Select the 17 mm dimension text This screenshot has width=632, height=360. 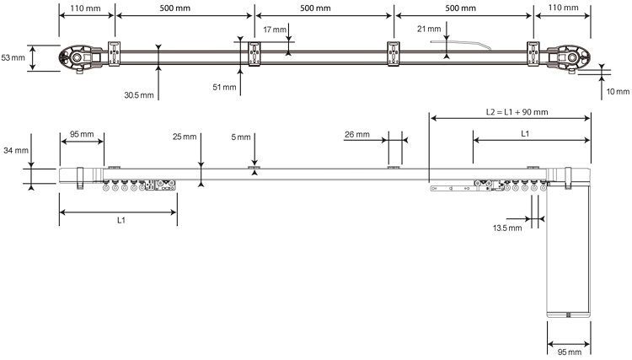tap(274, 30)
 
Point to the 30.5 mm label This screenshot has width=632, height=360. tap(139, 94)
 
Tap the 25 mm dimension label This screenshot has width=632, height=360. tap(184, 136)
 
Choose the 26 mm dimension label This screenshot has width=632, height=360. tap(357, 134)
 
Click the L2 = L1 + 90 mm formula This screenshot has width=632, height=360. tap(517, 111)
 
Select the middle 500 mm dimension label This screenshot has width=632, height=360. tap(324, 8)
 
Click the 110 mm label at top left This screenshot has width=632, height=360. tap(85, 8)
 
